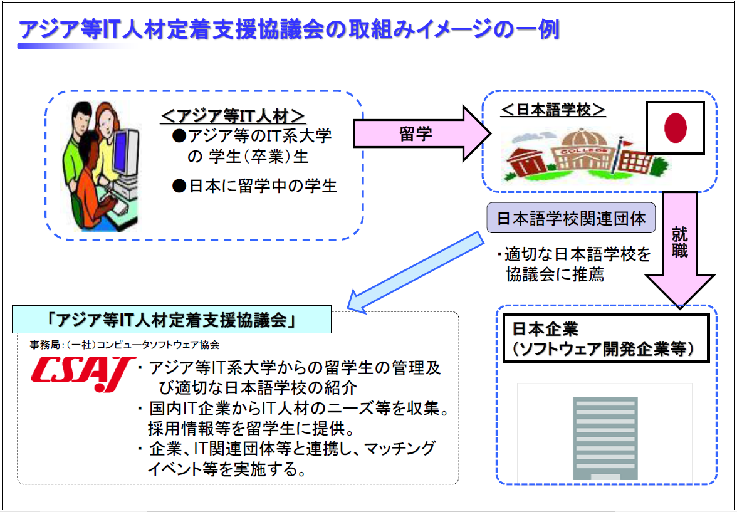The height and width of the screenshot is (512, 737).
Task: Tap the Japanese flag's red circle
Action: pos(676,127)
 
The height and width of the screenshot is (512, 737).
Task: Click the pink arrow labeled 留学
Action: pos(421,133)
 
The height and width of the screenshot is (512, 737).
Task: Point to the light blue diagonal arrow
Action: pos(418,273)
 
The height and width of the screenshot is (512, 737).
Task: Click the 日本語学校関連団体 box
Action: pos(570,218)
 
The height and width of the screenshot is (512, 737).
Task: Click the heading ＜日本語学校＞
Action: pos(553,110)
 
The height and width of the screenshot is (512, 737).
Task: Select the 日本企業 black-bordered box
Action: pos(606,338)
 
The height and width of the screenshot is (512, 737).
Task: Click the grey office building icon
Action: pos(605,437)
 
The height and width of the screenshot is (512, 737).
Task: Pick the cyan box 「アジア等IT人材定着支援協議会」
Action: pos(172,320)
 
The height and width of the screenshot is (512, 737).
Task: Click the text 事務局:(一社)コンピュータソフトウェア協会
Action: pos(125,345)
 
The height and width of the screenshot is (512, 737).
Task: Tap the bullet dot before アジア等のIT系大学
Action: pos(179,137)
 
